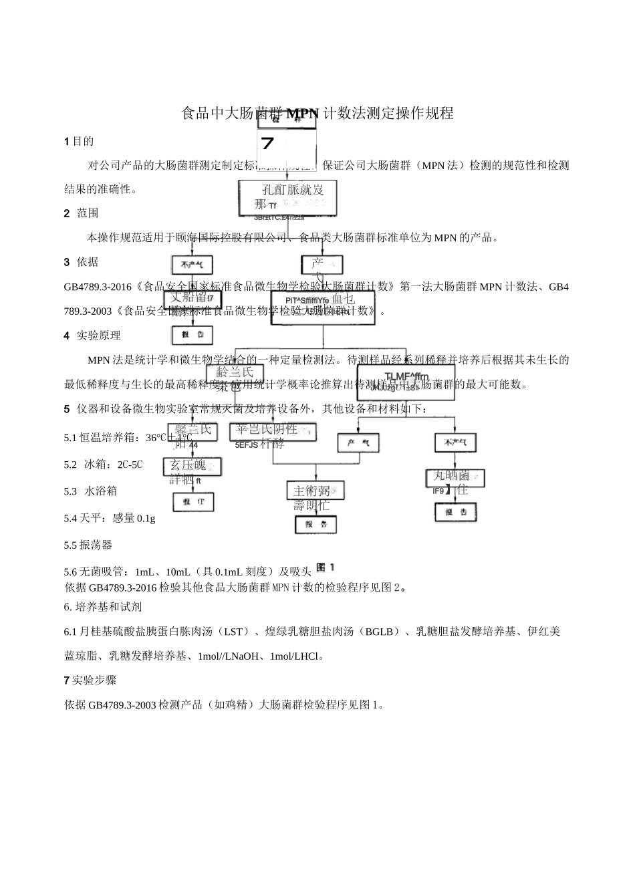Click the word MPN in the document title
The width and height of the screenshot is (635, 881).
pyautogui.click(x=303, y=114)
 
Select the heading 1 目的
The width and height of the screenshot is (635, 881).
pyautogui.click(x=79, y=141)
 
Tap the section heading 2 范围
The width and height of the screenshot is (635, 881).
pyautogui.click(x=81, y=213)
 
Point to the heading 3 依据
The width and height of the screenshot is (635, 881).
pyautogui.click(x=81, y=262)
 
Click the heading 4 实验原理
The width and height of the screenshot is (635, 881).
pyautogui.click(x=92, y=336)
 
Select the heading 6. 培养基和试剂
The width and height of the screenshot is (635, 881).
pyautogui.click(x=102, y=607)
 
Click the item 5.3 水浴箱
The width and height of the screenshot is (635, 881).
pyautogui.click(x=90, y=491)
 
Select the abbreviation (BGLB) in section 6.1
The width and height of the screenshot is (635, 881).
pyautogui.click(x=380, y=632)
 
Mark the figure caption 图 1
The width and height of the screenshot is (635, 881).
pyautogui.click(x=325, y=568)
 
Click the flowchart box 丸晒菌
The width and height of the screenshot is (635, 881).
pyautogui.click(x=455, y=477)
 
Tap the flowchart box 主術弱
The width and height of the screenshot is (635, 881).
pyautogui.click(x=315, y=491)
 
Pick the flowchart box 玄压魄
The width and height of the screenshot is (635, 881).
pyautogui.click(x=192, y=466)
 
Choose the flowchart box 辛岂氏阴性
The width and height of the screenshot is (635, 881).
pyautogui.click(x=273, y=431)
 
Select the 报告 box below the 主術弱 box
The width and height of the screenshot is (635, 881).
pyautogui.click(x=315, y=524)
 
